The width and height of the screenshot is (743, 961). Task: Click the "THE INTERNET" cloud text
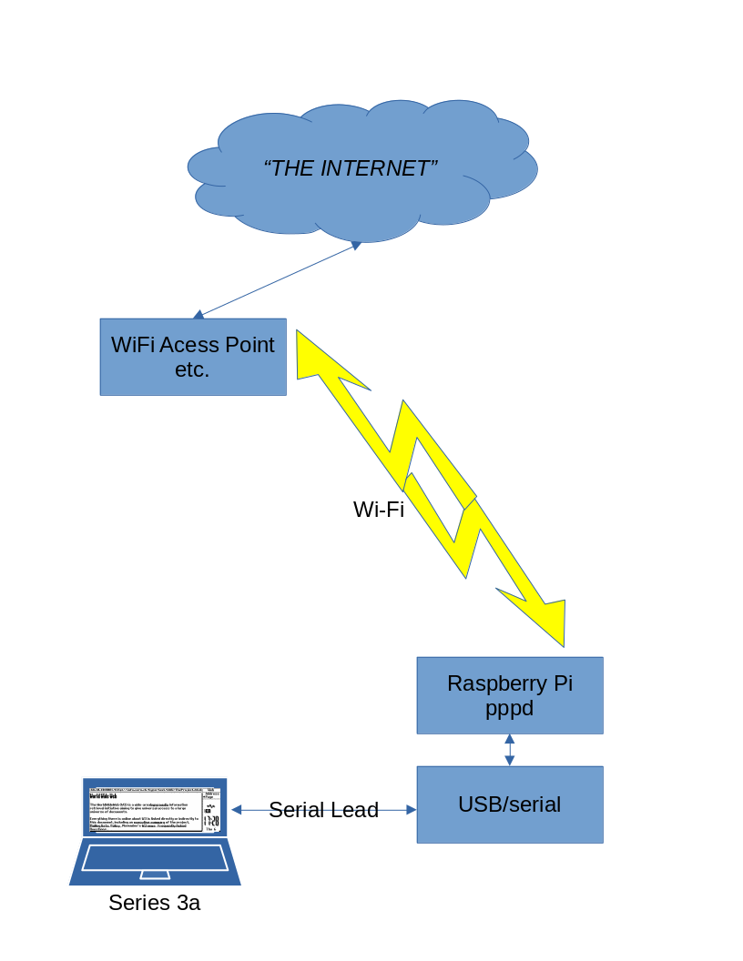click(x=351, y=168)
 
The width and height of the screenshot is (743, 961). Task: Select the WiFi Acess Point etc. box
click(x=193, y=357)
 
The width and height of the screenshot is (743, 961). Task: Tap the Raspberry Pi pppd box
click(x=510, y=695)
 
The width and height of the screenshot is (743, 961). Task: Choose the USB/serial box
click(x=510, y=804)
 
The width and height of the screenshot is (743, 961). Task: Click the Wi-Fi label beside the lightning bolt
click(x=378, y=510)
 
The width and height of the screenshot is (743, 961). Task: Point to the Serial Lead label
click(x=323, y=810)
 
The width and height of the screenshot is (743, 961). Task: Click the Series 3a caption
click(x=154, y=903)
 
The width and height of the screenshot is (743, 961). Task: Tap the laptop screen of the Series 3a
click(x=155, y=807)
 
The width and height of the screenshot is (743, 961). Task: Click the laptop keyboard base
click(x=155, y=860)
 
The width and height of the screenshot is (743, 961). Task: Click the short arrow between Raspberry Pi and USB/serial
click(x=510, y=749)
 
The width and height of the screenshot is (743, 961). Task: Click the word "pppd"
click(x=509, y=708)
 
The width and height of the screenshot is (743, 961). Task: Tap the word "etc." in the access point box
click(x=192, y=369)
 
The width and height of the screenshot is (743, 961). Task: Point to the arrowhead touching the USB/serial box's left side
click(x=411, y=809)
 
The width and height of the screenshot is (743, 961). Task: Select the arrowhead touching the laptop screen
click(x=236, y=809)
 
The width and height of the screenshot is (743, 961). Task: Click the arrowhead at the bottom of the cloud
click(x=356, y=244)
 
